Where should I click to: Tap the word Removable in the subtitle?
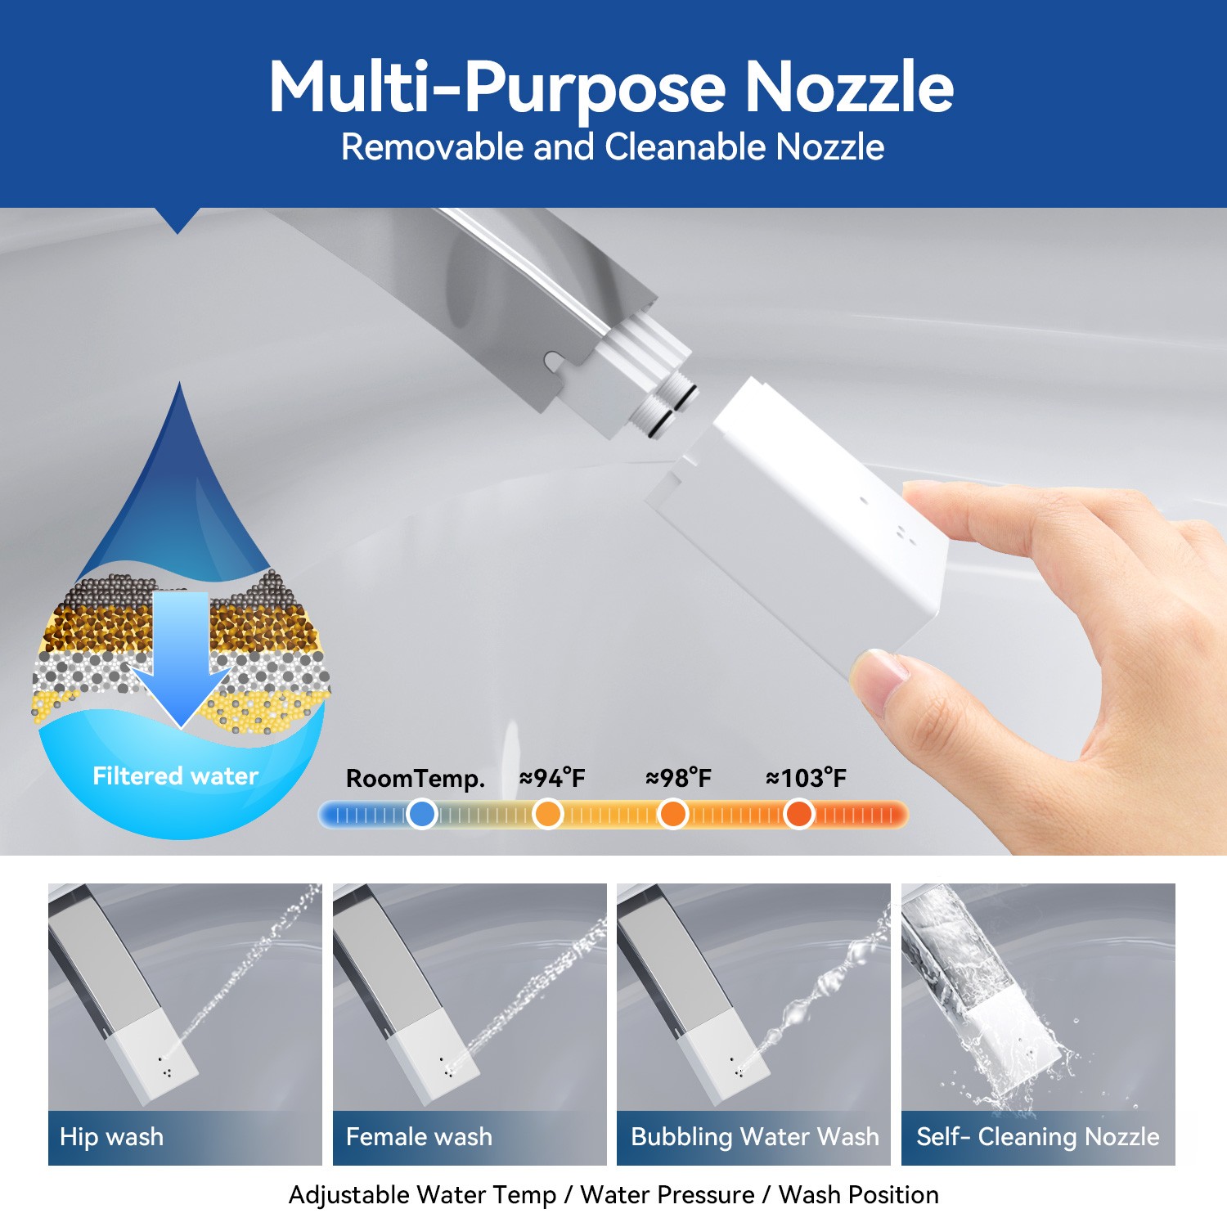pos(433,148)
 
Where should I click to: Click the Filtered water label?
pos(175,775)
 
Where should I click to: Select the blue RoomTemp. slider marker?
pos(421,814)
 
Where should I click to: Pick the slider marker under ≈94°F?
pos(547,814)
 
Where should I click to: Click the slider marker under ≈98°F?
pos(672,814)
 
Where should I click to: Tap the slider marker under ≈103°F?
pos(798,814)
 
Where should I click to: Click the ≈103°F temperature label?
pos(806,778)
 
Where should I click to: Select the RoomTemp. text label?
pos(415,778)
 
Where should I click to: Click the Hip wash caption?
pos(111,1137)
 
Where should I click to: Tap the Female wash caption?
pos(419,1137)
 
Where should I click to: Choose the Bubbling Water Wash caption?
pos(754,1137)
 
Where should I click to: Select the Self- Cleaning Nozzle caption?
pos(1037,1137)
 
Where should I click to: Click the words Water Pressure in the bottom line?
pos(667,1195)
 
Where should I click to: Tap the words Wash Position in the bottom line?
pos(858,1195)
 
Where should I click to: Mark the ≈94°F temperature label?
pos(552,778)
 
